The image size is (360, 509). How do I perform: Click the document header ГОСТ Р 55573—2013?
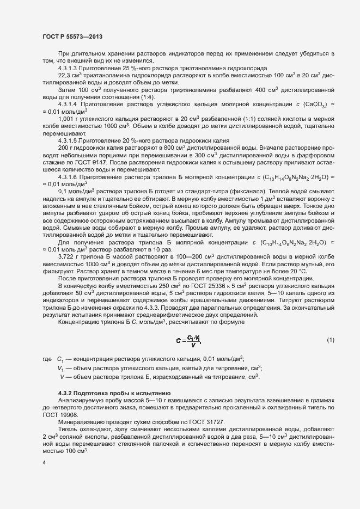tap(72, 36)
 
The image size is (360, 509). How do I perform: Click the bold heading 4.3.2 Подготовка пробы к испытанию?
tap(115, 393)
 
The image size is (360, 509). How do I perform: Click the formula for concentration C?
tap(189, 340)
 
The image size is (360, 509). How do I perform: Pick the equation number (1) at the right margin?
tap(330, 340)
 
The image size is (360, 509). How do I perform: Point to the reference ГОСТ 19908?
tap(53, 415)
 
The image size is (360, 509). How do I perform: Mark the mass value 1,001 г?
tap(67, 119)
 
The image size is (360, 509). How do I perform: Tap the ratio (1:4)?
tap(119, 97)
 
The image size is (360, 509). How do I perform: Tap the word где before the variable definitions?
tap(46, 359)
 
